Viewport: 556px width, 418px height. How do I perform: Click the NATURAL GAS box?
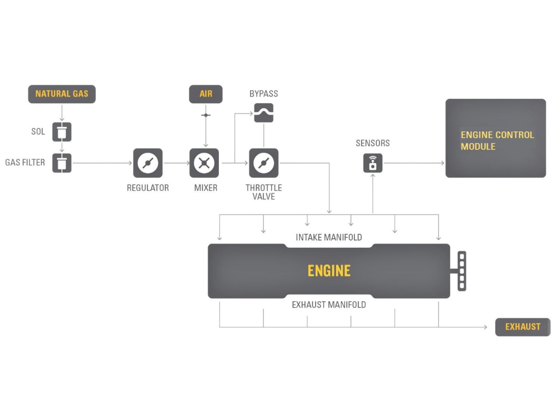(x=62, y=94)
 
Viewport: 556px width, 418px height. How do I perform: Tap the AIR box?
(x=206, y=94)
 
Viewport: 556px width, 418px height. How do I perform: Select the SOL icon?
(x=62, y=131)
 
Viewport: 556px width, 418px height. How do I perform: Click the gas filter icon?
(x=62, y=163)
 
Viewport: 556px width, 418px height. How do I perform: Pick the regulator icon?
(x=148, y=163)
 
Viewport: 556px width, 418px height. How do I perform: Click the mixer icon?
(x=204, y=163)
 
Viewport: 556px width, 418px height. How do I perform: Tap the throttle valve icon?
(x=264, y=163)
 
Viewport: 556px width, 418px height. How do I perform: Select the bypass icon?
(x=264, y=113)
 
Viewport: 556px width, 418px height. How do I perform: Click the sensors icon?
(x=373, y=163)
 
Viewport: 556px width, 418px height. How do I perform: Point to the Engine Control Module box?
(x=496, y=138)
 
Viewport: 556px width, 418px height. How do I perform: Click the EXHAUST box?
(x=523, y=327)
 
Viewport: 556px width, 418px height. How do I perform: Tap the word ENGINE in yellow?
(x=329, y=271)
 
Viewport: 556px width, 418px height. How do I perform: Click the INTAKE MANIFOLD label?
(x=329, y=237)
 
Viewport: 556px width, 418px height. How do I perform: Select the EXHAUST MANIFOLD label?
(x=329, y=305)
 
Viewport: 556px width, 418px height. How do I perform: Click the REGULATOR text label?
(x=148, y=188)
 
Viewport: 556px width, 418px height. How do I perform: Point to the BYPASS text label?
(x=264, y=94)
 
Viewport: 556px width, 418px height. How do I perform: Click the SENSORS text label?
(x=373, y=143)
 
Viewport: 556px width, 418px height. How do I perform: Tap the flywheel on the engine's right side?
(x=462, y=271)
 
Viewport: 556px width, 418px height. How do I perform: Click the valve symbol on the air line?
(x=206, y=115)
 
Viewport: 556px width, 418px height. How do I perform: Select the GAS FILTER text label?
(x=25, y=162)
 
